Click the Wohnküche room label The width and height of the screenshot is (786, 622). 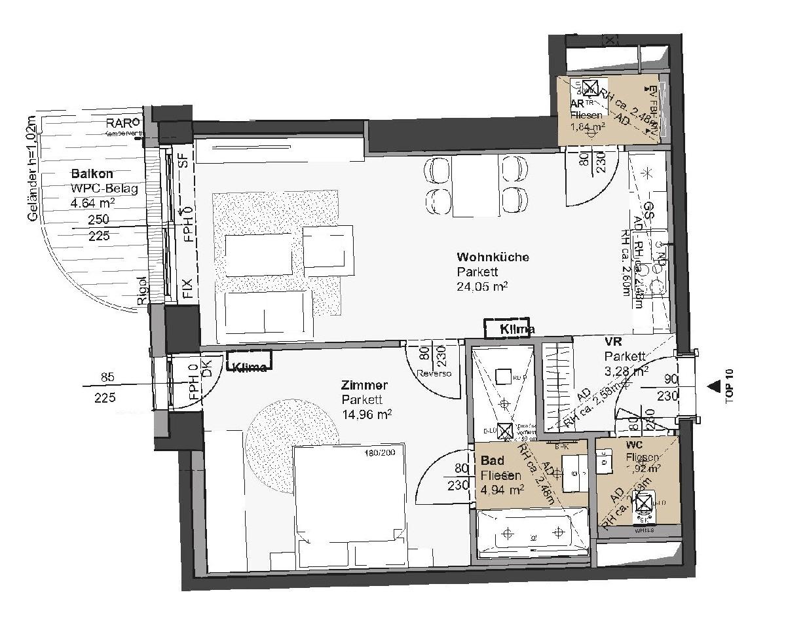[x=493, y=257]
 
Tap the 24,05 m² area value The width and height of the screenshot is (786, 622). [x=483, y=286]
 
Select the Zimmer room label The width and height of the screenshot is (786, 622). [x=365, y=385]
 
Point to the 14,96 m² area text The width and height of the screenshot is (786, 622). [x=367, y=413]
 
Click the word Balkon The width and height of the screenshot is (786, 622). [x=92, y=174]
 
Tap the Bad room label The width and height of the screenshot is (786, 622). [x=491, y=461]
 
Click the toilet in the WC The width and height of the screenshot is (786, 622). [x=645, y=505]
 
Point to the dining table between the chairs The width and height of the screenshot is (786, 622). [x=476, y=187]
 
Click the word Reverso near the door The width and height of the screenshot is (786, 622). [x=435, y=373]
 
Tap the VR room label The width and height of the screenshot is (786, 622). [x=614, y=342]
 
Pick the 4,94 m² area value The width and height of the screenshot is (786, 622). [x=502, y=489]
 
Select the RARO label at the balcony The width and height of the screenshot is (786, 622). [x=124, y=122]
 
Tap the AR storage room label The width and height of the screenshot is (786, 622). [x=577, y=104]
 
